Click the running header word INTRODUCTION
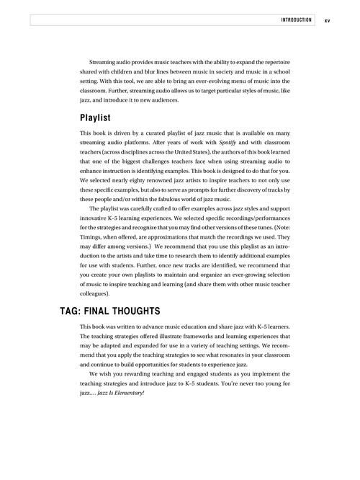296,20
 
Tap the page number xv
327,20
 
